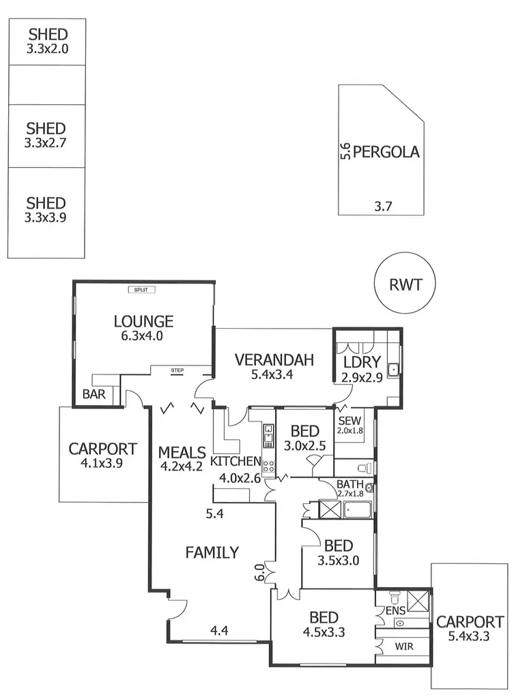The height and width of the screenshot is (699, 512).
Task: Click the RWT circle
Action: (x=405, y=284)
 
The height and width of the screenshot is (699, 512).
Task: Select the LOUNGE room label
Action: (x=143, y=321)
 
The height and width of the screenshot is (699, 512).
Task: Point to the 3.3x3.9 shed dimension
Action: (x=46, y=218)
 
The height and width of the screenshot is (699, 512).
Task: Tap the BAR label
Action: (x=93, y=394)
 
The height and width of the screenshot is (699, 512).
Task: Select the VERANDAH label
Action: (x=274, y=360)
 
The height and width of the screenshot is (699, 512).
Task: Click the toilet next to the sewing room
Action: (x=365, y=467)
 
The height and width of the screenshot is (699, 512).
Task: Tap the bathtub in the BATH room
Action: (x=357, y=509)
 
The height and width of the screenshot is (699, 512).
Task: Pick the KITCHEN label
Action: (x=236, y=462)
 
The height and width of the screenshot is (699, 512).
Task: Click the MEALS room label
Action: (x=182, y=452)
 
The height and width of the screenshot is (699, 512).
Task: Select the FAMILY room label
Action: (x=212, y=552)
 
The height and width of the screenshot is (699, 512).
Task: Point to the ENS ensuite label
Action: (x=396, y=610)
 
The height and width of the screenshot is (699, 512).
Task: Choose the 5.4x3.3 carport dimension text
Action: (x=470, y=637)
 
